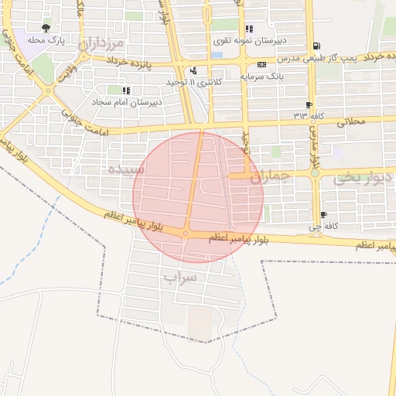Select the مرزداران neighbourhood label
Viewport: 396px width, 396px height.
101,44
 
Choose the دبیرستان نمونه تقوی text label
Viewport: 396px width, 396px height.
249,39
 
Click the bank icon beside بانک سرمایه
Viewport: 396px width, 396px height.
261,63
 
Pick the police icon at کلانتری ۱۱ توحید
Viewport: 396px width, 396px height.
193,71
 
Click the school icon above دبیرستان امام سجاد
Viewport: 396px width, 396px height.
125,90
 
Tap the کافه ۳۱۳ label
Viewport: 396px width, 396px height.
307,115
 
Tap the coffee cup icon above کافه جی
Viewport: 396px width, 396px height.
323,215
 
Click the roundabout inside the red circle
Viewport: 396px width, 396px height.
186,233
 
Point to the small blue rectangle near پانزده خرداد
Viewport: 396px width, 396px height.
217,55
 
